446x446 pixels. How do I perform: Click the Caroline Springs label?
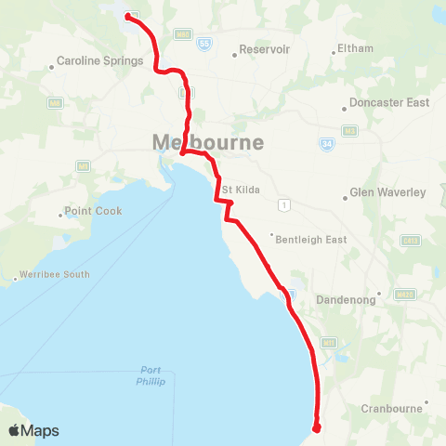pyautogui.click(x=99, y=61)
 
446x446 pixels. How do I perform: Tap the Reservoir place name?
pyautogui.click(x=265, y=49)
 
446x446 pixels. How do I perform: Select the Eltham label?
pyautogui.click(x=356, y=48)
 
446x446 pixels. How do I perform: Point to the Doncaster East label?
pyautogui.click(x=389, y=102)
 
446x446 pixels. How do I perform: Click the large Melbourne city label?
pyautogui.click(x=207, y=143)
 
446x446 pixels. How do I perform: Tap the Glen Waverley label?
pyautogui.click(x=387, y=192)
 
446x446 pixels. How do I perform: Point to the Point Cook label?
pyautogui.click(x=93, y=211)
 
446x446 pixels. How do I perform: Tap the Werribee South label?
pyautogui.click(x=57, y=274)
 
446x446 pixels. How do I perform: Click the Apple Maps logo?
pyautogui.click(x=33, y=430)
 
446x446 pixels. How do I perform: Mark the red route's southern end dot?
pyautogui.click(x=317, y=428)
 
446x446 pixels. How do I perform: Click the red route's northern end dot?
pyautogui.click(x=127, y=16)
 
